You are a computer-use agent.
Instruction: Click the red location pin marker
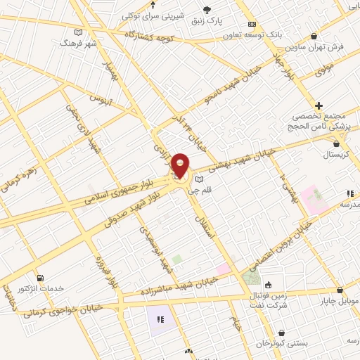[180, 166]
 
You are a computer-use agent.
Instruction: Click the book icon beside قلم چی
[199, 180]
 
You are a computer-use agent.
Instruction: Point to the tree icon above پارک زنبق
[207, 9]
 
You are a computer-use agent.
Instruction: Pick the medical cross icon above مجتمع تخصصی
[319, 105]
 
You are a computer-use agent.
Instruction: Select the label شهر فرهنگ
[77, 43]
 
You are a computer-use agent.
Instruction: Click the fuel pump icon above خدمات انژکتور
[40, 278]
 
